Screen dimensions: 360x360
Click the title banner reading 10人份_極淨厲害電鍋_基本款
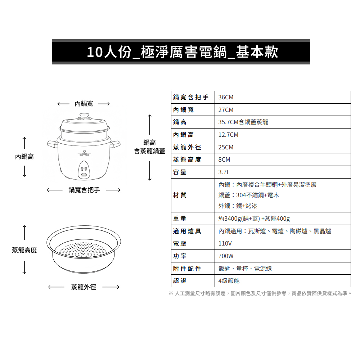181,52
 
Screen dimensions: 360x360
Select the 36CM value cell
226,97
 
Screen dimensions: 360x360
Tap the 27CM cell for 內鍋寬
226,110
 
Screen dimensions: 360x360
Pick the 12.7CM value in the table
228,135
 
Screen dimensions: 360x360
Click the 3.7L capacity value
224,172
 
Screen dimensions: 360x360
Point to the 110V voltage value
225,243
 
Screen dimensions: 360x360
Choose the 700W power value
226,256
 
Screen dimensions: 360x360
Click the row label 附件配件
187,269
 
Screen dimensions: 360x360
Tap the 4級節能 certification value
229,281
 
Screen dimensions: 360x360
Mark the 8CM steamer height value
224,159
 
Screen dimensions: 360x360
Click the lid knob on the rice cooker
84,116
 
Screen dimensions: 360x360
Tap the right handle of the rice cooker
115,144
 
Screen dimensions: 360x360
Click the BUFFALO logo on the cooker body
84,154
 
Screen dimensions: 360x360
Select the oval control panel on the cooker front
84,170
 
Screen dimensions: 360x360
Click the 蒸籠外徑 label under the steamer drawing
84,287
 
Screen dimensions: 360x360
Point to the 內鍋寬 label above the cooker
84,104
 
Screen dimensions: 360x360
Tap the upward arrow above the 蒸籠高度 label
24,233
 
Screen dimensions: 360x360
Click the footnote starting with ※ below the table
260,293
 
